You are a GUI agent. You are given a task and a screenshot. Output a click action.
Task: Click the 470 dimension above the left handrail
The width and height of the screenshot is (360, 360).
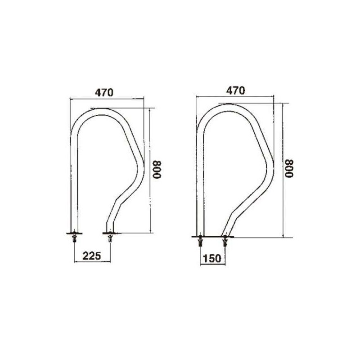click(x=104, y=93)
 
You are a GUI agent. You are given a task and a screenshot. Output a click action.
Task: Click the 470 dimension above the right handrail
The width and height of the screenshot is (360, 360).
click(x=235, y=91)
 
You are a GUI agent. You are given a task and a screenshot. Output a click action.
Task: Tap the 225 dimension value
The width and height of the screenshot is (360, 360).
click(x=92, y=256)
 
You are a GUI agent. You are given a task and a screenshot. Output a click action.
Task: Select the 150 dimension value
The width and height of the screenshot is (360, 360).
click(x=212, y=258)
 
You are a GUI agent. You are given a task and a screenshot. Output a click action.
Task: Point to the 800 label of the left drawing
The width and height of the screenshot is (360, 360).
click(x=157, y=170)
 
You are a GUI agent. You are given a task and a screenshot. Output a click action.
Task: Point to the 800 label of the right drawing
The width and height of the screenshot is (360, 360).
click(x=289, y=168)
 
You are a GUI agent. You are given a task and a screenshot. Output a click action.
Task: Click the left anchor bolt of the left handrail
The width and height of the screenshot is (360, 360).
click(x=74, y=238)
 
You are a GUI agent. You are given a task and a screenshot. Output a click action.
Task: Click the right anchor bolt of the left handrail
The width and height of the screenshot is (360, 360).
click(x=110, y=238)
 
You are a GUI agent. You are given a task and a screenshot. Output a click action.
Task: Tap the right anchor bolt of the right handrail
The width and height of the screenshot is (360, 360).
click(x=225, y=242)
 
